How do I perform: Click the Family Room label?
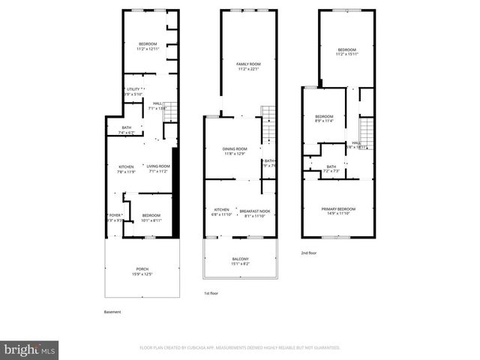247,67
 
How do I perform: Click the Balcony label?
240,261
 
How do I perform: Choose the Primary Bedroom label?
338,211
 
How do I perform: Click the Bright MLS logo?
30,349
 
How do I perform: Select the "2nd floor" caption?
309,253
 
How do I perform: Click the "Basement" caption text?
112,312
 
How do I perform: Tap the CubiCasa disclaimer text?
240,348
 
